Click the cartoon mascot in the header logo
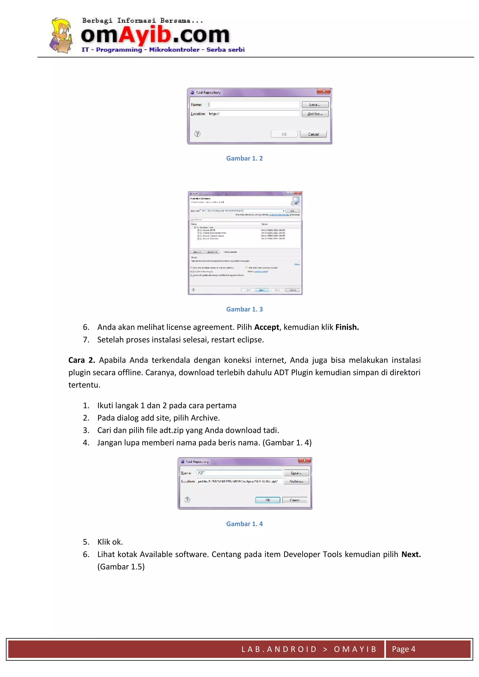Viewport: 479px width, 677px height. pos(61,35)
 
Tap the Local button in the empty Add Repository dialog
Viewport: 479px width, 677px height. pos(315,105)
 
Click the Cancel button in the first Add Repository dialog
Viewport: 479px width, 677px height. pos(313,134)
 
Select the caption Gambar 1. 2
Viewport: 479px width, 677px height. pos(244,158)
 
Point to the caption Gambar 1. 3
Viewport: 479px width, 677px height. pos(244,309)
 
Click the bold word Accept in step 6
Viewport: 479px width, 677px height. pos(266,327)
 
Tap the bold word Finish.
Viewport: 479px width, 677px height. pos(347,327)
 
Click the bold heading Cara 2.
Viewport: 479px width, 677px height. pos(81,360)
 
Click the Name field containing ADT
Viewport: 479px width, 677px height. pos(239,473)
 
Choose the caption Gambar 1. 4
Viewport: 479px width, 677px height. pos(244,524)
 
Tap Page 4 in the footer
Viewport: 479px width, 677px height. pos(403,649)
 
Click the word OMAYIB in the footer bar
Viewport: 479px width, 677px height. pos(355,649)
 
